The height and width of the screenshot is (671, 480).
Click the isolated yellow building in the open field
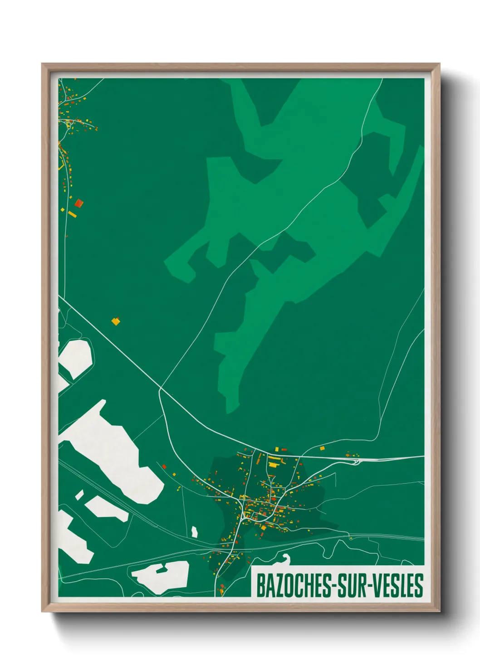coord(116,321)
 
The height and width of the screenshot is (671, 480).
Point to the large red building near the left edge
coord(79,203)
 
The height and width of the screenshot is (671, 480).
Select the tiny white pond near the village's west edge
coord(195,532)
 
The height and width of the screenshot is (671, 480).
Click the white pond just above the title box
coord(284,559)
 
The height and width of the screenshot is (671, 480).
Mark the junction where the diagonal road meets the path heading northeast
coord(160,388)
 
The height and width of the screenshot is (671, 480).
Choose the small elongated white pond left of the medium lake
coord(79,495)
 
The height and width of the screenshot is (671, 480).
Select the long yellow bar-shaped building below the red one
coord(72,214)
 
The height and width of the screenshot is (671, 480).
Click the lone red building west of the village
coord(164,466)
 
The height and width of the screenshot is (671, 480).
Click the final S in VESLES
coord(419,586)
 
